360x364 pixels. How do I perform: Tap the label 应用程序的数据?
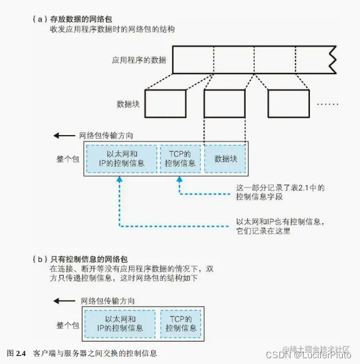click(140, 59)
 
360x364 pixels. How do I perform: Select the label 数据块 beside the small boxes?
click(128, 104)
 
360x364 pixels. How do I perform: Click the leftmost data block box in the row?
click(165, 104)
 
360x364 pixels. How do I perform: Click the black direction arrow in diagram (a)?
click(62, 136)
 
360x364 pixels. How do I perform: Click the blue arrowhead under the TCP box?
click(181, 180)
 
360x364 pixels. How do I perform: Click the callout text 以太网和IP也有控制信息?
click(283, 221)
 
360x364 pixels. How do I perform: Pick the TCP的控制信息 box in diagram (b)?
click(181, 324)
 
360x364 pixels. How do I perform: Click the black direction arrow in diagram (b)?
click(62, 301)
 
